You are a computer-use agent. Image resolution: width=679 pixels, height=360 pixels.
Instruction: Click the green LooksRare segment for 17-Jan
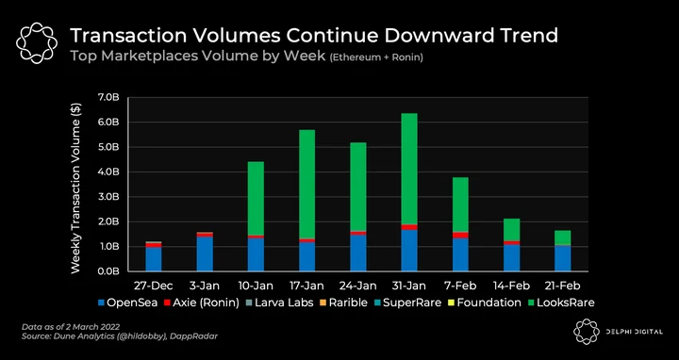307,184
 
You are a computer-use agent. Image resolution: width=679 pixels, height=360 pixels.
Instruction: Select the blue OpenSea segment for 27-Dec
154,259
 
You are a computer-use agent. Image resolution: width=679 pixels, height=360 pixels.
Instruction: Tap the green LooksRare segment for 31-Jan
409,169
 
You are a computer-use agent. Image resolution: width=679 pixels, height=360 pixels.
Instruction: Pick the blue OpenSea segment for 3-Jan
205,254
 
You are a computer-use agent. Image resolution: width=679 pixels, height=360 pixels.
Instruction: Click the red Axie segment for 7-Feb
460,235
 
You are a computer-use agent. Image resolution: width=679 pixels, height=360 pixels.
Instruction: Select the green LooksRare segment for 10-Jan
256,199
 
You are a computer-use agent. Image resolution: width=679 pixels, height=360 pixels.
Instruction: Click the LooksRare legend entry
561,303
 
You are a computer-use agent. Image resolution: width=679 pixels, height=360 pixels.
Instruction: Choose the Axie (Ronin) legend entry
202,303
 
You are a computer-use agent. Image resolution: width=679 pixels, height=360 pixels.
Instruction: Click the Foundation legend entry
484,303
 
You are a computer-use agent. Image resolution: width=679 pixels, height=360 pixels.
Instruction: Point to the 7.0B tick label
108,97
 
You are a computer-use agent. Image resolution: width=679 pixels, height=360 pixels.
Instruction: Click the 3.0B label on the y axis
108,197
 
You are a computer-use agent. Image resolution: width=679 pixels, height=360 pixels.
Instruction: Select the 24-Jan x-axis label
357,286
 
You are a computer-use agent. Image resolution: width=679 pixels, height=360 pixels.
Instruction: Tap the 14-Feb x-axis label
511,286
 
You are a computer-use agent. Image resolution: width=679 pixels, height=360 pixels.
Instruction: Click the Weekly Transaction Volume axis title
75,188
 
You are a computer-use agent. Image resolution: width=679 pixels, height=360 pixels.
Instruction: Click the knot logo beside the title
37,42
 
